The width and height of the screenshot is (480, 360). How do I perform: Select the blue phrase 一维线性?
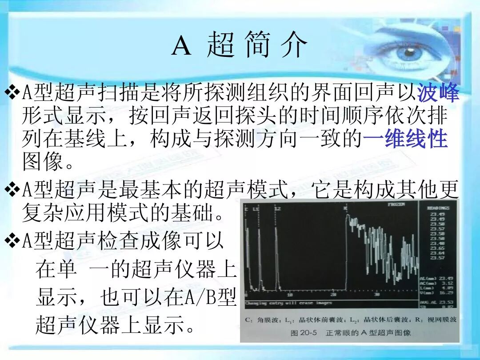[405, 139]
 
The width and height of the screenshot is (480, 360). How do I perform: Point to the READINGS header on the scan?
[438, 208]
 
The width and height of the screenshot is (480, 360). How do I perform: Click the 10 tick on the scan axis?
[290, 295]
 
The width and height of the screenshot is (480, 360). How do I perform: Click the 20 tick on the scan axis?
[333, 295]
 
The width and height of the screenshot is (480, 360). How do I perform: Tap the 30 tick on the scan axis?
[377, 295]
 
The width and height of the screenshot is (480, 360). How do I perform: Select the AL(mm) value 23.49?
[446, 279]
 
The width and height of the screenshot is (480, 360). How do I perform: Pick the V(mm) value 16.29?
[446, 292]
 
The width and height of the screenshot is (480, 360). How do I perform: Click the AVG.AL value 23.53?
[446, 302]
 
